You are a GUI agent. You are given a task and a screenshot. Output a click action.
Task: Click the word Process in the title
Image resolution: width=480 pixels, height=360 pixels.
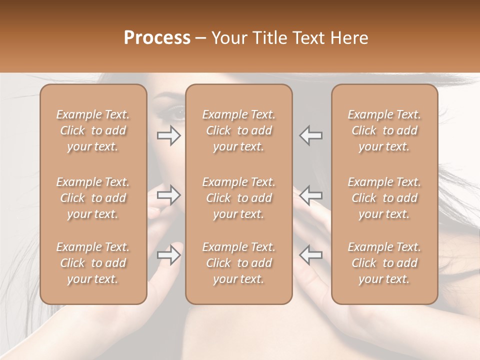click(157, 38)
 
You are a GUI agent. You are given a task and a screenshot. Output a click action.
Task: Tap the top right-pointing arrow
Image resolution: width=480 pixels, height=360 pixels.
click(169, 135)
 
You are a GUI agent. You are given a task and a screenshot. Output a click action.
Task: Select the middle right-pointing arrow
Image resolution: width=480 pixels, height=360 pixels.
click(169, 195)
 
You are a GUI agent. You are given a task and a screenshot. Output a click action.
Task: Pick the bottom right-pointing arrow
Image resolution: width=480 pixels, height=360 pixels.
click(169, 255)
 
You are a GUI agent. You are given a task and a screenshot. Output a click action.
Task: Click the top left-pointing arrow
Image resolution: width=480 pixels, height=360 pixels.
click(311, 135)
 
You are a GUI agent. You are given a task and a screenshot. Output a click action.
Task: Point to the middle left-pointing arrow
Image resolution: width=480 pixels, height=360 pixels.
click(311, 195)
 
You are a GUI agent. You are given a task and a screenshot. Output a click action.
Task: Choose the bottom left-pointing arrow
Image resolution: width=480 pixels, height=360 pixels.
click(311, 255)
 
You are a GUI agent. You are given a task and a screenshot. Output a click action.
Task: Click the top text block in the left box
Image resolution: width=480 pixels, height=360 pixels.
click(93, 130)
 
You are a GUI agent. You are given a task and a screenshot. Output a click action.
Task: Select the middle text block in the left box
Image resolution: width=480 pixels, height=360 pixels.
click(93, 198)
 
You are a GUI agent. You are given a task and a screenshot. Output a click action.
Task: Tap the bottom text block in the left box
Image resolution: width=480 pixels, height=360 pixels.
click(93, 263)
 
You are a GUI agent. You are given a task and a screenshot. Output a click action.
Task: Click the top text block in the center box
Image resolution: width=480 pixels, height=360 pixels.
click(238, 130)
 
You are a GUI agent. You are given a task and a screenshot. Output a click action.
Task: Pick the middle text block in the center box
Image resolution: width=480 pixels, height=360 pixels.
click(238, 198)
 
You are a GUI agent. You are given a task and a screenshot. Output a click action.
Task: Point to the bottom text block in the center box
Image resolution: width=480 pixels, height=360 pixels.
click(238, 263)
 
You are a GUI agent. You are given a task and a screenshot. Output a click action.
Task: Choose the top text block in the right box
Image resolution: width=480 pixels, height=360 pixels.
click(384, 130)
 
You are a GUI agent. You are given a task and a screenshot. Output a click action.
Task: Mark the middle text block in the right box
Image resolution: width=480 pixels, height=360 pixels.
click(384, 198)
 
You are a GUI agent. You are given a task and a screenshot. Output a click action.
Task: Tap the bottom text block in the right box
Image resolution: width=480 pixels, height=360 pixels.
click(384, 263)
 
